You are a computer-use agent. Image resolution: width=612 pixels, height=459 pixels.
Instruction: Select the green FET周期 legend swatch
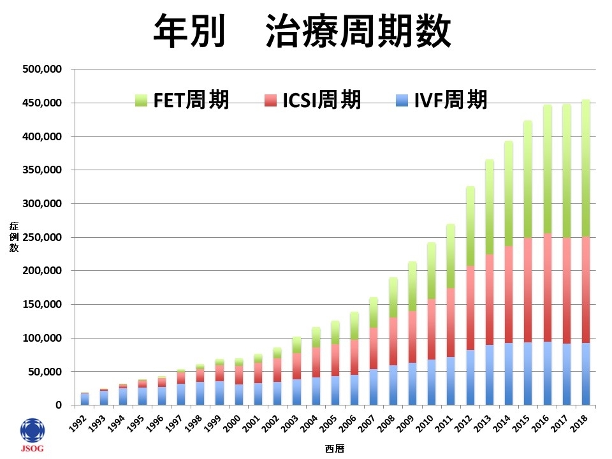(141, 100)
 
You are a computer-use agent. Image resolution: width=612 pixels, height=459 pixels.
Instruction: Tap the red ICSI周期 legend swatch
(271, 100)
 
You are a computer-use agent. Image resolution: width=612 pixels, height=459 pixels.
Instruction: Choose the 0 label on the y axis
(59, 405)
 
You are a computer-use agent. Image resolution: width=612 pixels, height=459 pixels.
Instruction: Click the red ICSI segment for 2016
(547, 287)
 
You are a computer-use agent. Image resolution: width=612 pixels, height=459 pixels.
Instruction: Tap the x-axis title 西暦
(334, 448)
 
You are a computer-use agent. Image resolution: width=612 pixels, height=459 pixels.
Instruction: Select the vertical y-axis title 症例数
(13, 237)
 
